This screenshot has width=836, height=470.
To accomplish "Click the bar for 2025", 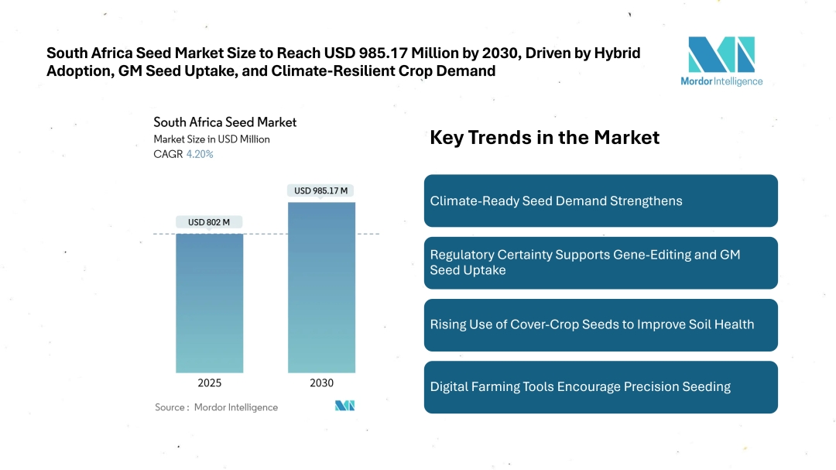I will (209, 303).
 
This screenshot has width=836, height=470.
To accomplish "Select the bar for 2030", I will (321, 287).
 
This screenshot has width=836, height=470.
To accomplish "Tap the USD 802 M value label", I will (209, 222).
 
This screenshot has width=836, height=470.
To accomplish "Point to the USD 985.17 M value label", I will (321, 190).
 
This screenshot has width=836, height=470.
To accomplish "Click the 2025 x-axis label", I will (209, 383).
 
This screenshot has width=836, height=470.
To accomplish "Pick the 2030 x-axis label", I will (321, 383).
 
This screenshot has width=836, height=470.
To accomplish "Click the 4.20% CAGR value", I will (200, 154).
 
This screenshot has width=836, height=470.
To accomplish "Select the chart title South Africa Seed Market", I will (224, 122).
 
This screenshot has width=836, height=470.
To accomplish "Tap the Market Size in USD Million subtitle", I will (211, 139).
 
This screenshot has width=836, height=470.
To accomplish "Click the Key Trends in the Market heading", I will (544, 138).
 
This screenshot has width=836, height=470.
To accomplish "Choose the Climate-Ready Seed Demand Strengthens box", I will (601, 201).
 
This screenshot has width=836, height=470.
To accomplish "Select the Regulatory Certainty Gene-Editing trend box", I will (601, 262).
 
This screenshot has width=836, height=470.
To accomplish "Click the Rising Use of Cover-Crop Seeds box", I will (601, 324).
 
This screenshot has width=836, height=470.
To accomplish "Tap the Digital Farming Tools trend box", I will (601, 386).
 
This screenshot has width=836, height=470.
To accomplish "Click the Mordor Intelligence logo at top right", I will (721, 61).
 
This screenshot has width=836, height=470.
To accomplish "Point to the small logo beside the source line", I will (344, 406).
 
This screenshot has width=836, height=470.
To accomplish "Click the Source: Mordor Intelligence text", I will (216, 407).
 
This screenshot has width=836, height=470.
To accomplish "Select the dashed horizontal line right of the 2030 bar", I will (368, 234).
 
